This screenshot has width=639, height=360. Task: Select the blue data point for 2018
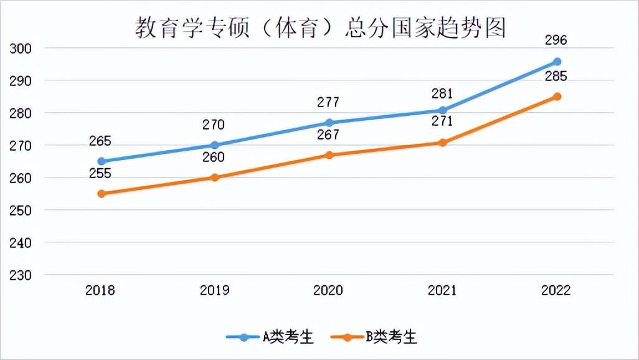point(102,161)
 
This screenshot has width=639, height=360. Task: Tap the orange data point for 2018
point(102,194)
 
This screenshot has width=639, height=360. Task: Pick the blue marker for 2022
point(557,62)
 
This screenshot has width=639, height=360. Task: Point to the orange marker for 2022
point(557,97)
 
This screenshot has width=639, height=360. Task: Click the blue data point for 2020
point(329,123)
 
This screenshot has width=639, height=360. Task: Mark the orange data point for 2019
point(215,178)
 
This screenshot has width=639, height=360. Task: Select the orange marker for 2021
point(443,143)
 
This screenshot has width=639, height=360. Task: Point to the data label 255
point(100,174)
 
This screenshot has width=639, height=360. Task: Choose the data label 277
point(328,102)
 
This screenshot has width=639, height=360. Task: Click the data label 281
point(442,94)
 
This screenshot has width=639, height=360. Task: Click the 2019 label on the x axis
point(214,290)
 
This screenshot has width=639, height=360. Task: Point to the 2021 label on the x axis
point(442,290)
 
